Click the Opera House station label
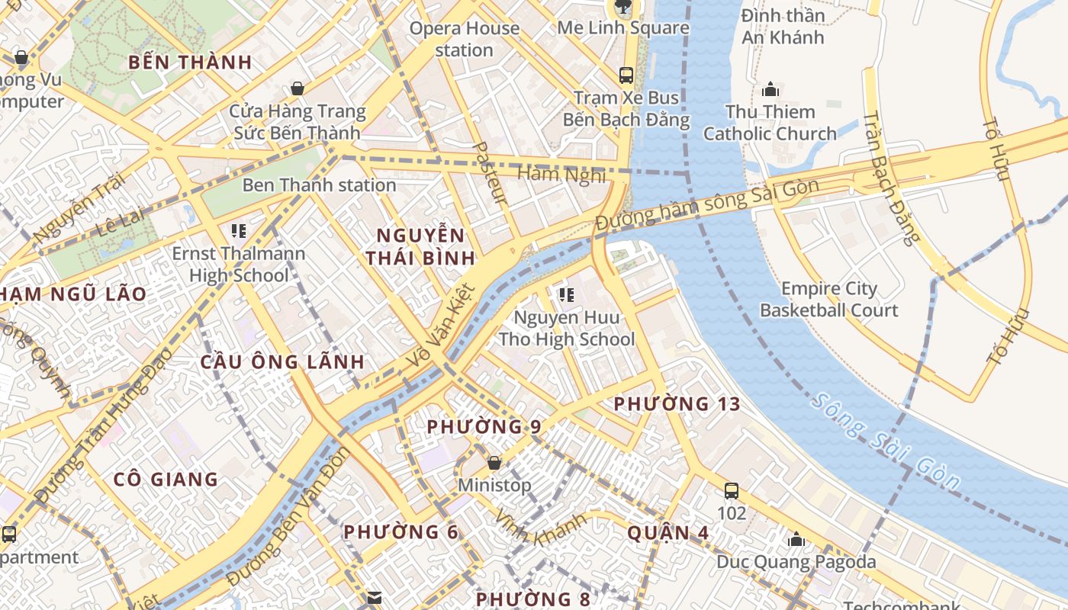[465, 39]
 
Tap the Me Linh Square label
[623, 28]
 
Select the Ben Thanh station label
[319, 185]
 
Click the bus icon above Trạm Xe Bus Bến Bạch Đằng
[626, 75]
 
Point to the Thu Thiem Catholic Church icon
[770, 89]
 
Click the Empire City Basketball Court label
[828, 300]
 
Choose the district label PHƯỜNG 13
[677, 404]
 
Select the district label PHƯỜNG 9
[484, 427]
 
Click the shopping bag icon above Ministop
[494, 463]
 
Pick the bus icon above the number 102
[732, 490]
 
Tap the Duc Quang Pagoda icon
[796, 540]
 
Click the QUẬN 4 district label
[667, 533]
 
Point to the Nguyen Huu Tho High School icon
[566, 294]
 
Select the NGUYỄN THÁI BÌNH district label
[420, 246]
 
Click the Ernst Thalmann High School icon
[238, 230]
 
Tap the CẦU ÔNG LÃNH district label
[282, 362]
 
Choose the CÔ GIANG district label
[166, 480]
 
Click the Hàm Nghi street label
[561, 175]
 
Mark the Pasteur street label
[491, 173]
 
